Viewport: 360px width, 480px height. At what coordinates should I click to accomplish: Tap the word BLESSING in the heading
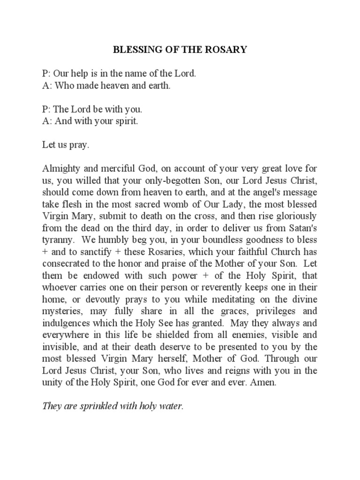133,49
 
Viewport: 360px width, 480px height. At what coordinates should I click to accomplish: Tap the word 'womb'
187,205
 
